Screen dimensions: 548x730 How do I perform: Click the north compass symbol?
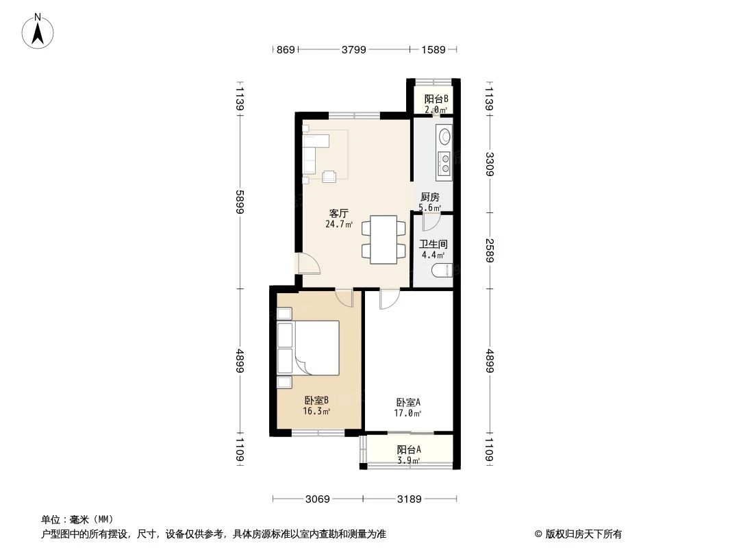[38, 31]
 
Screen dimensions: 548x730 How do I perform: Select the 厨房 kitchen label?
[430, 197]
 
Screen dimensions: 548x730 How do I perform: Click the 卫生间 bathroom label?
[433, 244]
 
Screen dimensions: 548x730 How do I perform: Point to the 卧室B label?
[317, 401]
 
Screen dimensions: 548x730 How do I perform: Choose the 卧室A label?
[408, 403]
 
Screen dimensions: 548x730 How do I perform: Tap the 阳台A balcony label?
[409, 450]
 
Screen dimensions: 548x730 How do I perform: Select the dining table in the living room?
[382, 240]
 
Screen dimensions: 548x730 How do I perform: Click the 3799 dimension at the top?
[354, 49]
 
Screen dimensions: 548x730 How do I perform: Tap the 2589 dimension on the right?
[490, 249]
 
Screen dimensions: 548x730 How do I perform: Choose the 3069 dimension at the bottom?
[318, 499]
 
